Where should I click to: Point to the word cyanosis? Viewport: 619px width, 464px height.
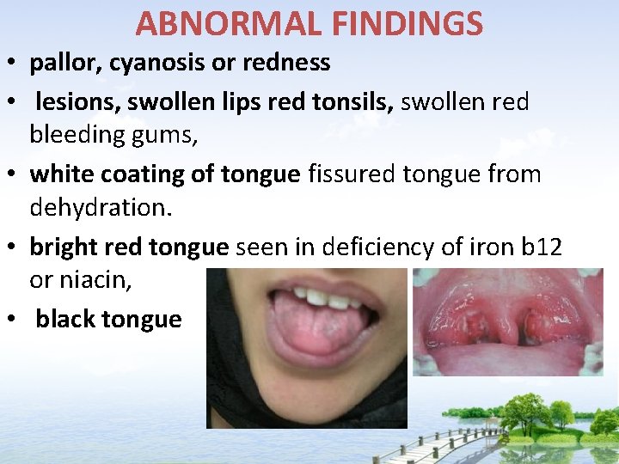click(155, 63)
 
